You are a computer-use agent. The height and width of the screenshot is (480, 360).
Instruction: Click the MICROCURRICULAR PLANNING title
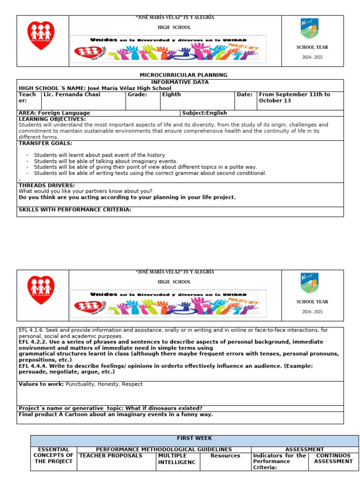(183, 75)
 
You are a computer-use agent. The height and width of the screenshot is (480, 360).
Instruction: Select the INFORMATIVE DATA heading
(180, 82)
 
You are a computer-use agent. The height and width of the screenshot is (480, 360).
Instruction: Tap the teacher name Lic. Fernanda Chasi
(72, 95)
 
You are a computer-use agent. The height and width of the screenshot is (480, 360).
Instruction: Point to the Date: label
(245, 95)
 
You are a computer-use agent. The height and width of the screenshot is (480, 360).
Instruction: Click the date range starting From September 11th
(294, 97)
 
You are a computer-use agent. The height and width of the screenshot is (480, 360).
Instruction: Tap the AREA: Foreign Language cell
(54, 113)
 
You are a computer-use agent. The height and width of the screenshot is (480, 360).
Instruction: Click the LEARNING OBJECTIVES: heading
(52, 119)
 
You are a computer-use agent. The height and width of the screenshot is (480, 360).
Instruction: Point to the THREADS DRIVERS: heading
(47, 186)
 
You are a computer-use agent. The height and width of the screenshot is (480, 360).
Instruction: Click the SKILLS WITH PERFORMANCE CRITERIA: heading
(75, 210)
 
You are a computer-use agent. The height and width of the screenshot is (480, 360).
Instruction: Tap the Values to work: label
(41, 384)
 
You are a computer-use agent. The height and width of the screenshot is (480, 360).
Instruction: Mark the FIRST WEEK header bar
(194, 438)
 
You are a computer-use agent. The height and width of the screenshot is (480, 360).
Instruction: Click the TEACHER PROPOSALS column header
(111, 456)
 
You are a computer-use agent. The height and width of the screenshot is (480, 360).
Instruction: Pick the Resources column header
(225, 456)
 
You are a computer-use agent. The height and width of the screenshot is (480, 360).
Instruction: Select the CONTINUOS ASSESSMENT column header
(333, 458)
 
